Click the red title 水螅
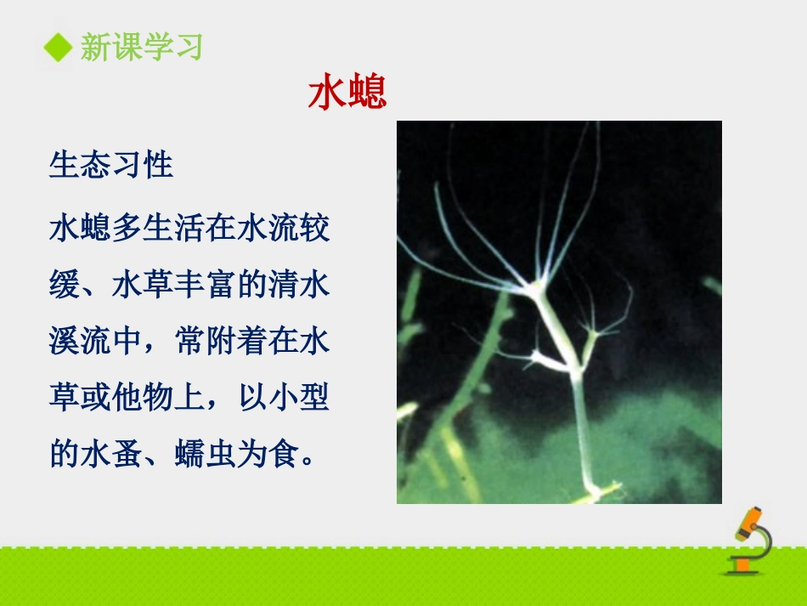coord(347,92)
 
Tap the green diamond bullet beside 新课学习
coord(58,47)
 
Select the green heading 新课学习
coord(142,47)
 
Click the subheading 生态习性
coord(111,165)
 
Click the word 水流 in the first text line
coord(268,229)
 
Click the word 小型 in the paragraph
coord(300,398)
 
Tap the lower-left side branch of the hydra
coord(540,360)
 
